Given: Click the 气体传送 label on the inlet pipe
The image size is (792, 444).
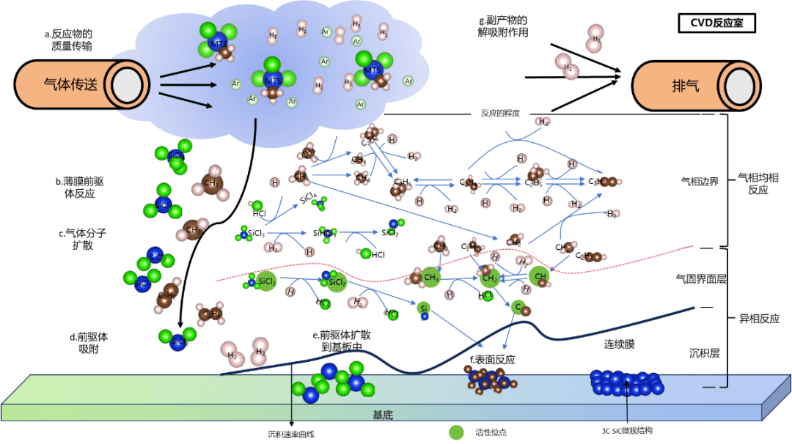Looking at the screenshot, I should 70,84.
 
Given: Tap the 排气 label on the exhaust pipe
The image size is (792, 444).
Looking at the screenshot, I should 685,84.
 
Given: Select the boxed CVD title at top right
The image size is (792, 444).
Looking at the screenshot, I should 716,23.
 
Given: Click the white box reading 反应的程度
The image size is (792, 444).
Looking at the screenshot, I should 500,114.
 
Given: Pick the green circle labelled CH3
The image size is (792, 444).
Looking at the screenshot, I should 431,278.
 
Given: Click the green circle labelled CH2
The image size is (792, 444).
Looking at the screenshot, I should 490,278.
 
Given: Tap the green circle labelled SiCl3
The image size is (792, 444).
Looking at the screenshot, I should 266,282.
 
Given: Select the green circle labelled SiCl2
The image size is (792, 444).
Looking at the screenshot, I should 337,282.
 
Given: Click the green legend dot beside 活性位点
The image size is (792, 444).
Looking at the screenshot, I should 457,432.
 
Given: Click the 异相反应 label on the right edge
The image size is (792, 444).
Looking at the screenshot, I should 758,319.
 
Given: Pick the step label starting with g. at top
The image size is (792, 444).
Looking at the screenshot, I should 503,26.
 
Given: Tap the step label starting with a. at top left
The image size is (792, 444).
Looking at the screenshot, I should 67,40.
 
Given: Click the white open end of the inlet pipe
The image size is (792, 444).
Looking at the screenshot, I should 128,85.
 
